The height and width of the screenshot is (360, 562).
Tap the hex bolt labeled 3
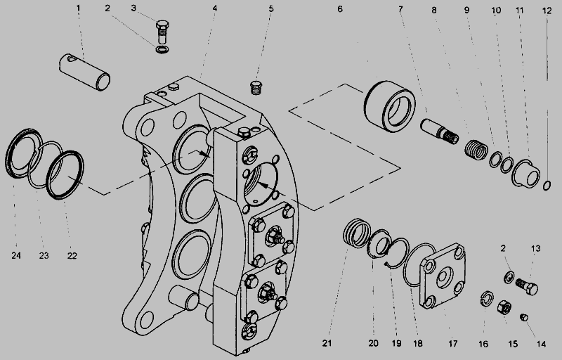pyautogui.click(x=161, y=32)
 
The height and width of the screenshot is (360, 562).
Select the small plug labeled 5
pyautogui.click(x=256, y=87)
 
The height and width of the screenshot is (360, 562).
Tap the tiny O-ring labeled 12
pyautogui.click(x=548, y=185)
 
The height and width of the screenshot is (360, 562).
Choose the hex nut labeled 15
pyautogui.click(x=504, y=307)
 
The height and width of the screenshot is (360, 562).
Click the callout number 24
pyautogui.click(x=16, y=255)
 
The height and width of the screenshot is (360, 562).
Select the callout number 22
pyautogui.click(x=72, y=255)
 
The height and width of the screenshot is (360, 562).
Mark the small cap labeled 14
pyautogui.click(x=523, y=317)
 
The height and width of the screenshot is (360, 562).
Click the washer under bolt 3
pyautogui.click(x=162, y=51)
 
